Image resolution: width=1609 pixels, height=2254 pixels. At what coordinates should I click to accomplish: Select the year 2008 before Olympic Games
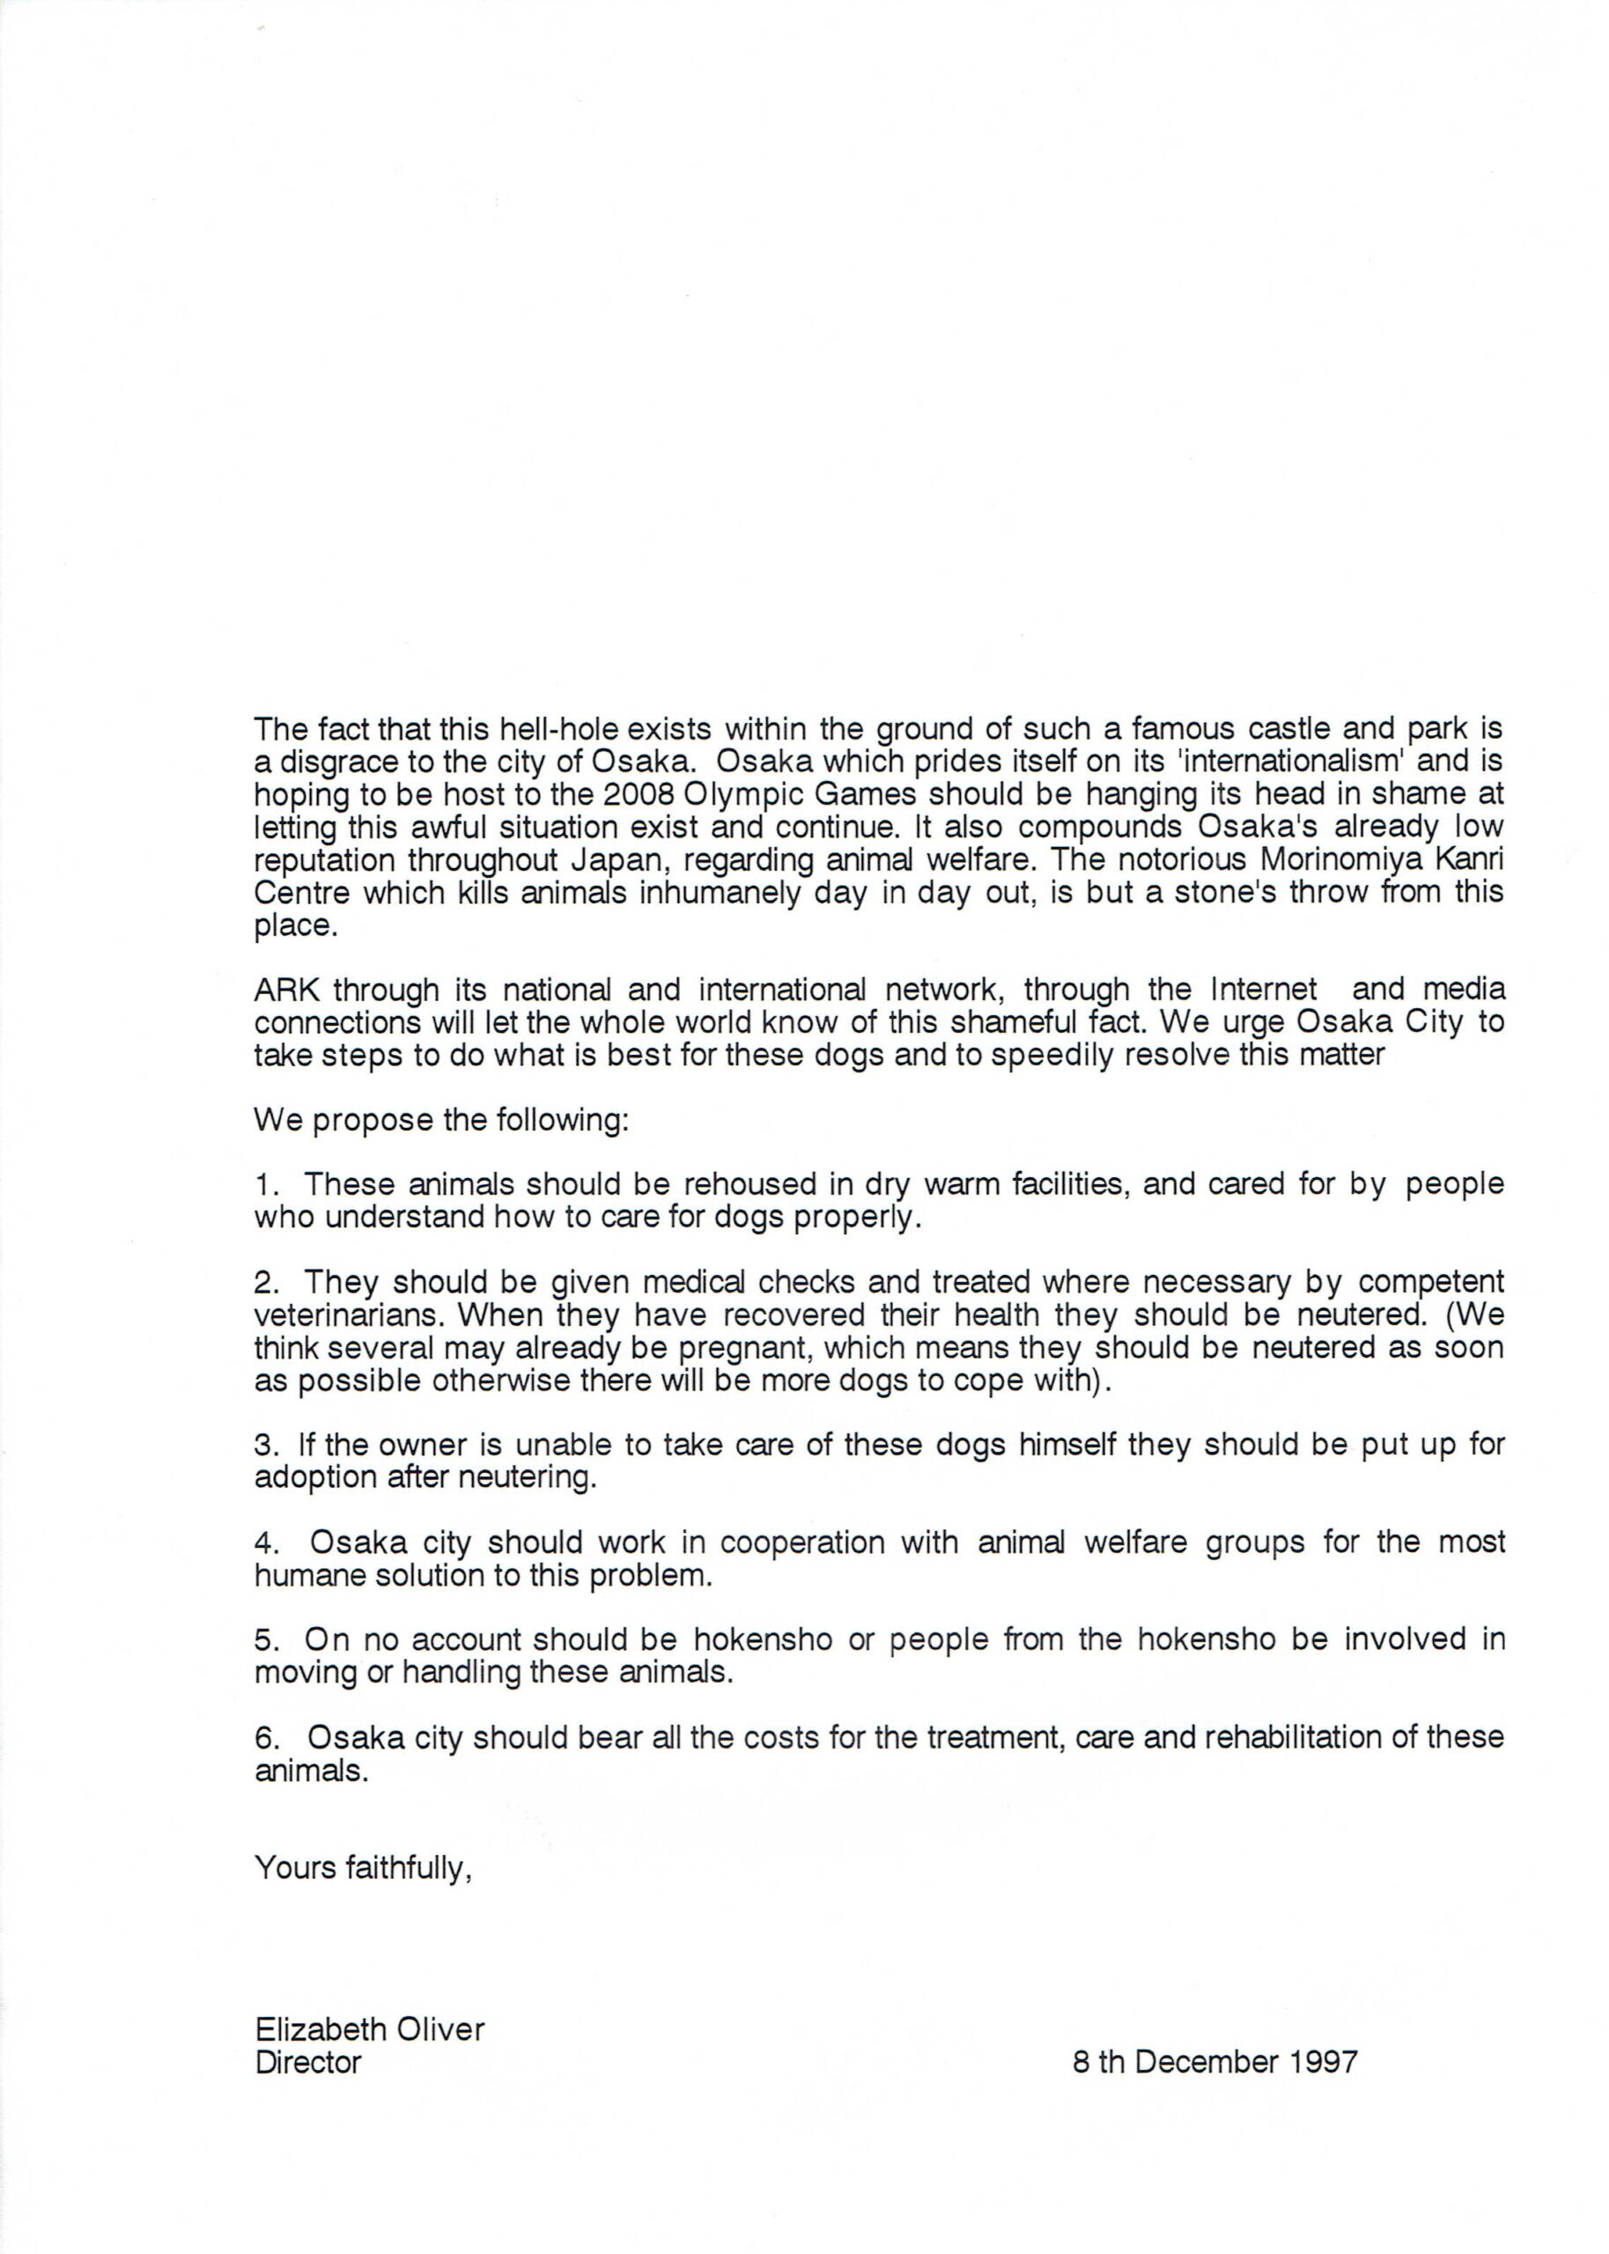coord(639,794)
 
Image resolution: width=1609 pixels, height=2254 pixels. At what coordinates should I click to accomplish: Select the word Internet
coord(1265,990)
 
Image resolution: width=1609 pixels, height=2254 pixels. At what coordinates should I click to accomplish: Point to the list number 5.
coord(262,1640)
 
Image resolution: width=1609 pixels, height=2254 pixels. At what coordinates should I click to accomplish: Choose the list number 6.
coord(262,1737)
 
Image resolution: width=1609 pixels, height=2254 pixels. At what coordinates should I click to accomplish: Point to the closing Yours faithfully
coord(363,1867)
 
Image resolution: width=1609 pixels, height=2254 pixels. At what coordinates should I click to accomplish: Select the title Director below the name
coord(307,2062)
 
